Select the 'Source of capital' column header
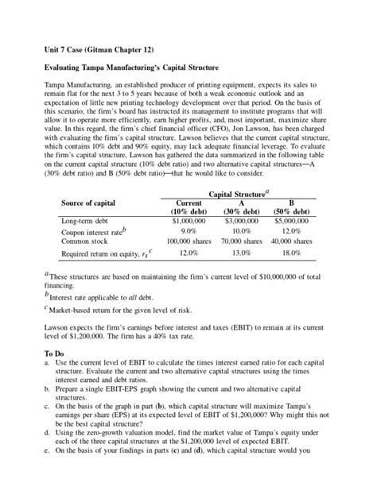tap(93, 203)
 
